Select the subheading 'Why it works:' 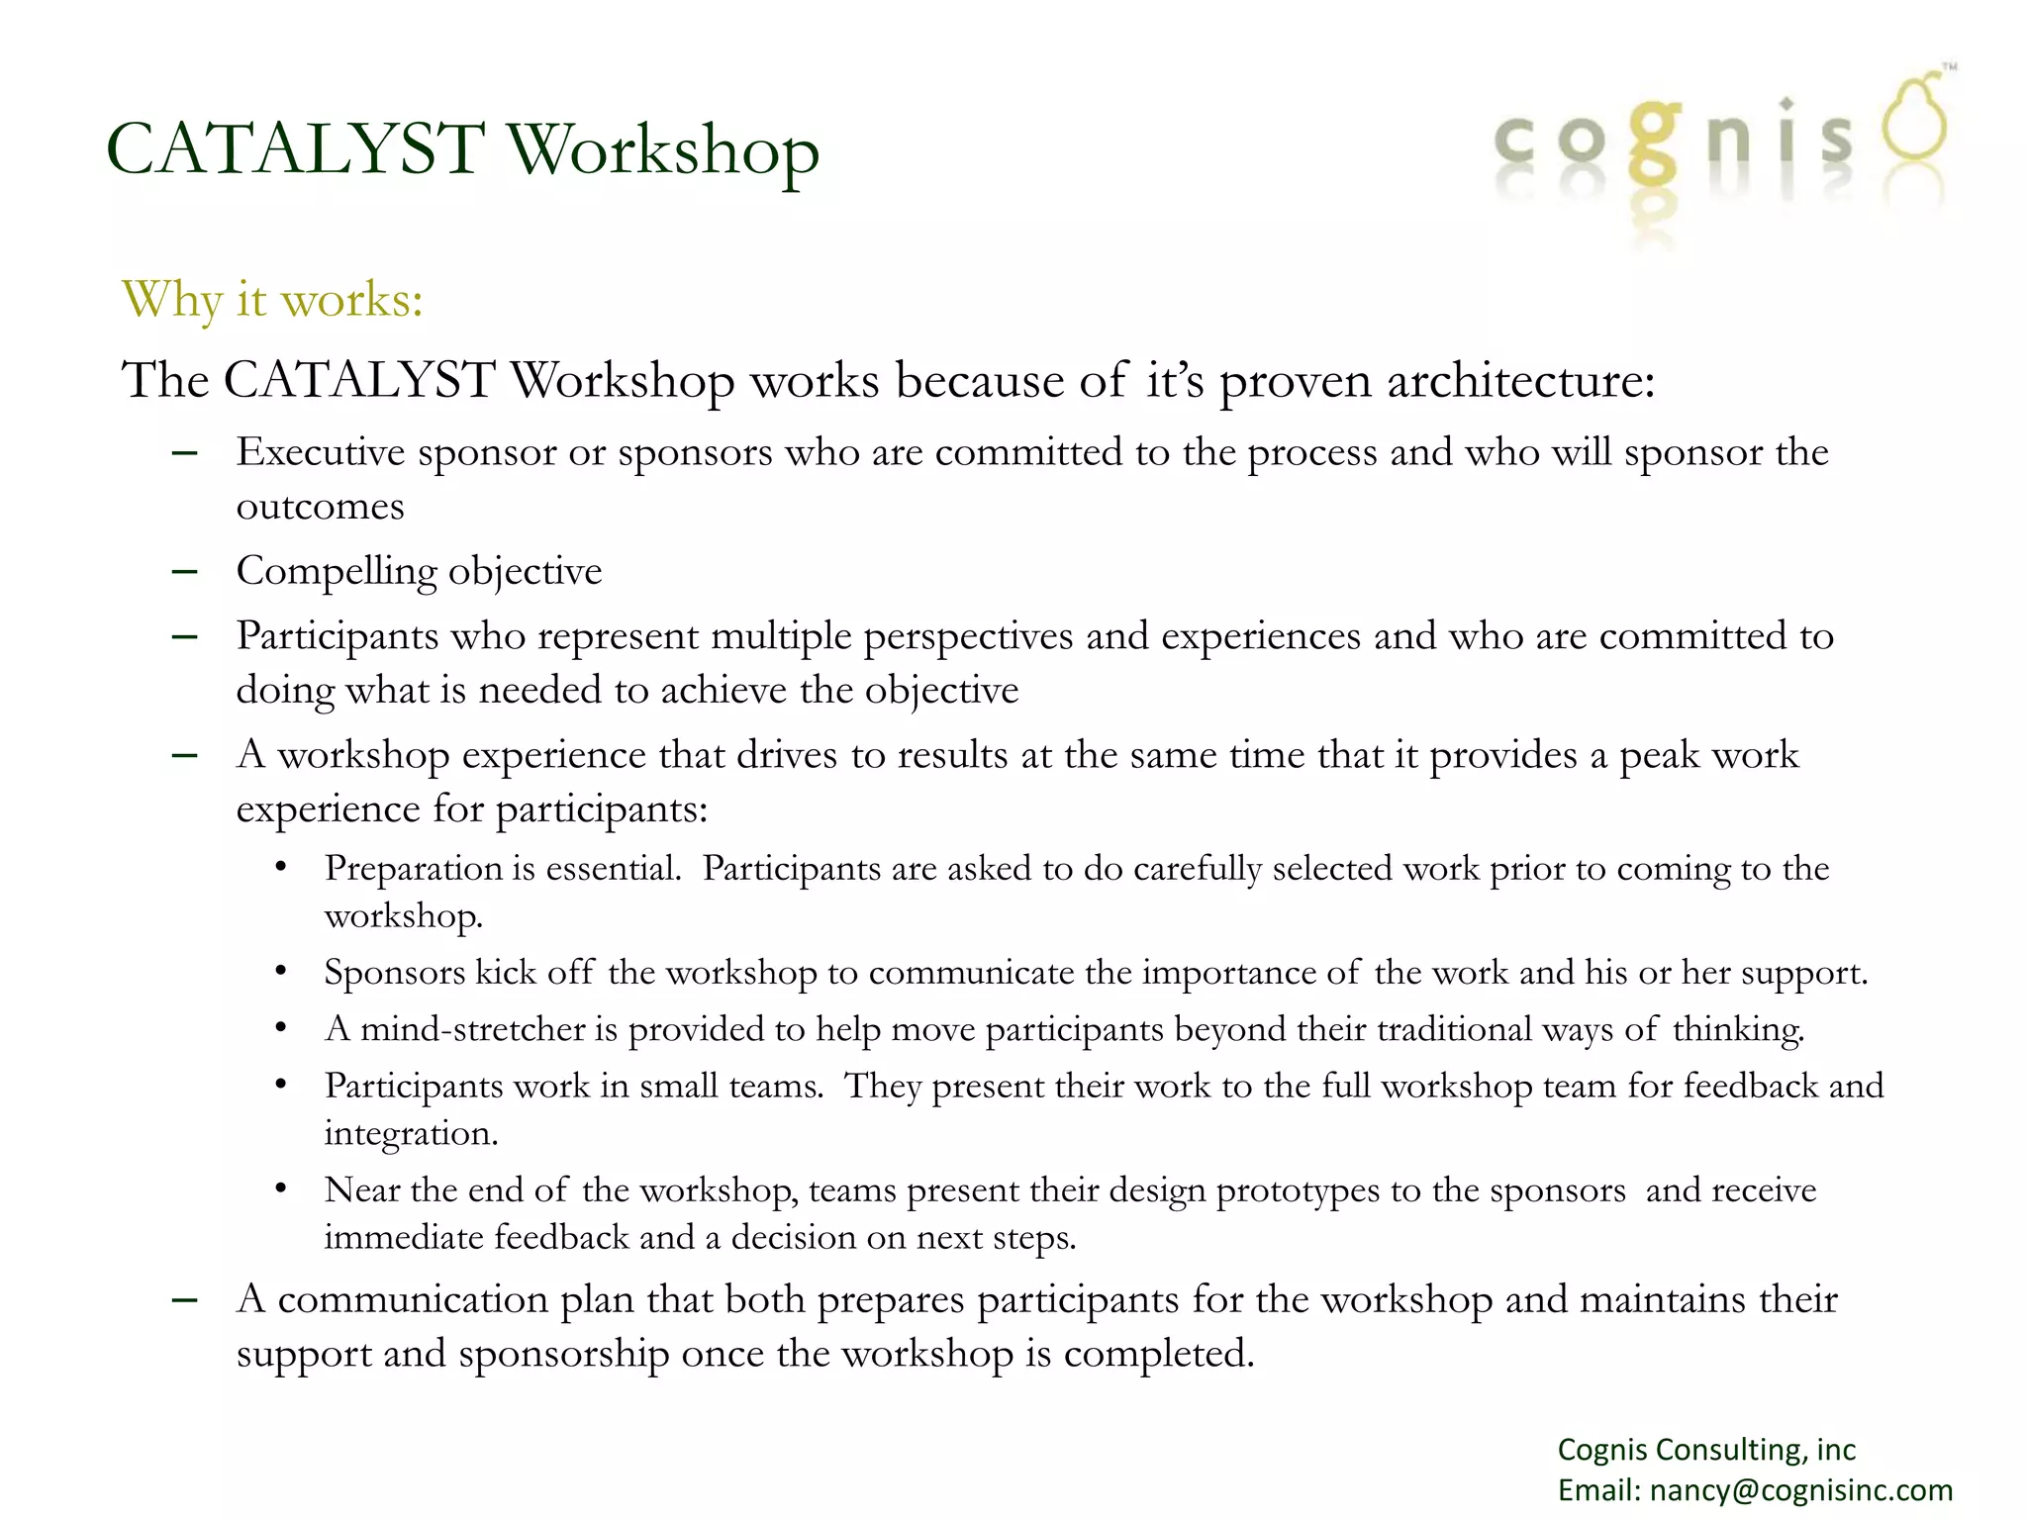272,299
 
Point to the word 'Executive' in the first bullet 321,452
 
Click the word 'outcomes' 320,507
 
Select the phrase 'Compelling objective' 419,571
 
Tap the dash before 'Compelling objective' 184,572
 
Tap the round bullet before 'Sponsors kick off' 281,972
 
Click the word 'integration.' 411,1133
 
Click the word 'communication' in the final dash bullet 413,1299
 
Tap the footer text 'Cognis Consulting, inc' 1706,1449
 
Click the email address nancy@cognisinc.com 1800,1489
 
